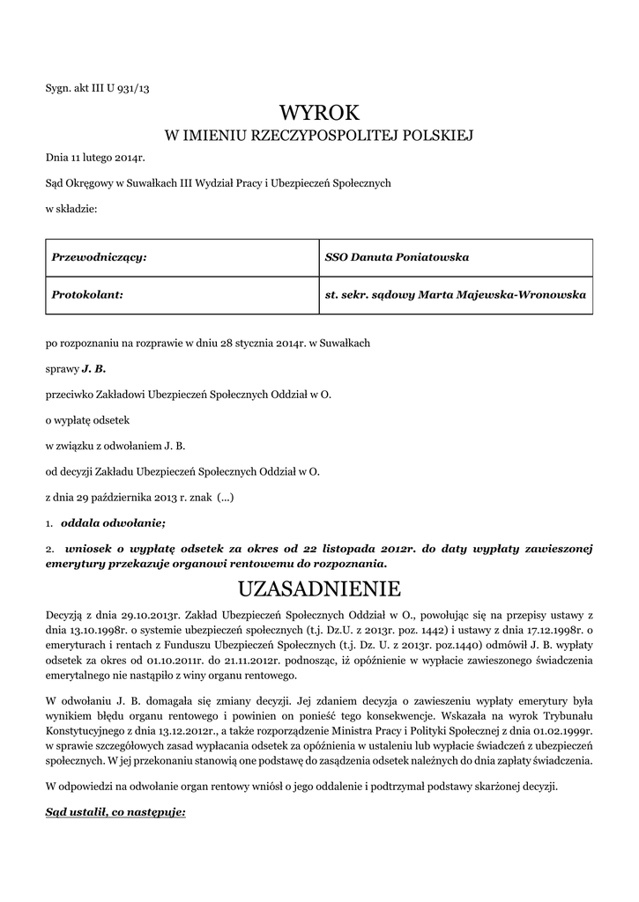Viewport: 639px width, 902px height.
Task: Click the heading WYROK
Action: point(319,113)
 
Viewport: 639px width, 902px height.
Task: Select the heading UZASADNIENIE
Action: point(319,588)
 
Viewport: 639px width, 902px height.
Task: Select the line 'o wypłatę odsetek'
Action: point(87,420)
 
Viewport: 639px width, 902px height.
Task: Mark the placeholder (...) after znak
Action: point(225,497)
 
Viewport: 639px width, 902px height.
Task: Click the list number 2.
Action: point(50,549)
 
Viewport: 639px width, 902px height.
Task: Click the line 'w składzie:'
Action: point(71,209)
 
